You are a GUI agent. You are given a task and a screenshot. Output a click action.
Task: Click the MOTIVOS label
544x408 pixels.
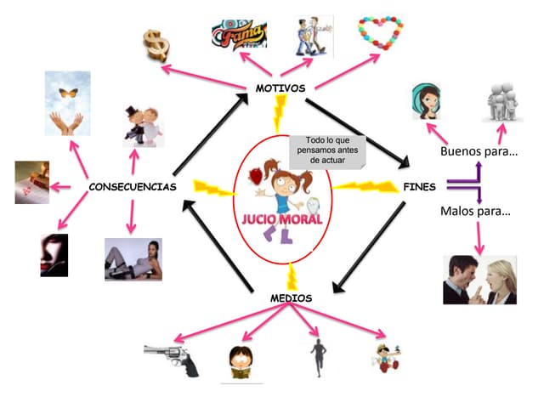(x=280, y=88)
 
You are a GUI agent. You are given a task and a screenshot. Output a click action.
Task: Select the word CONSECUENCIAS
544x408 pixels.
(x=133, y=187)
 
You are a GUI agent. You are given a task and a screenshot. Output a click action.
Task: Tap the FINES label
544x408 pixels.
(x=419, y=187)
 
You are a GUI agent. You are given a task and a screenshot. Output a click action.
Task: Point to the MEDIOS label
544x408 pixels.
(x=291, y=298)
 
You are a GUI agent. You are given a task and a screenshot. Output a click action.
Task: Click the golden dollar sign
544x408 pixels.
(x=156, y=45)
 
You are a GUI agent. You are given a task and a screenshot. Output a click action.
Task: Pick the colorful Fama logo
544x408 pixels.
(x=240, y=34)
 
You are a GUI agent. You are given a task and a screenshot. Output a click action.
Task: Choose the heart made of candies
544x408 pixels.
(x=381, y=32)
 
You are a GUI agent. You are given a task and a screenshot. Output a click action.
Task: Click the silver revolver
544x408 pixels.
(x=172, y=360)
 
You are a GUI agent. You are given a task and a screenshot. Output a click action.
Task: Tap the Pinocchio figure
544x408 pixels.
(x=387, y=359)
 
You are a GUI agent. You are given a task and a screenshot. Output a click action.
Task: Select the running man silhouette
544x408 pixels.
(x=318, y=358)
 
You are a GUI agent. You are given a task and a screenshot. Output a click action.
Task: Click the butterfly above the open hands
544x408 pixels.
(x=68, y=93)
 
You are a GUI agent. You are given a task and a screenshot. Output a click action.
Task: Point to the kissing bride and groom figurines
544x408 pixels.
(x=143, y=126)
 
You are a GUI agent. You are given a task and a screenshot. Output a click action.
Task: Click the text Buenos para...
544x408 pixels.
(x=479, y=151)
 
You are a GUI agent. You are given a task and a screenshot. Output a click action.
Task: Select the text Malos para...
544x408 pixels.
(x=475, y=211)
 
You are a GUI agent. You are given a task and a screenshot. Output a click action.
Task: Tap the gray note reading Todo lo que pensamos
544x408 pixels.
(x=327, y=150)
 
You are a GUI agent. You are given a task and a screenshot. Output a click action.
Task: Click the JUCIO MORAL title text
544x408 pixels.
(x=282, y=219)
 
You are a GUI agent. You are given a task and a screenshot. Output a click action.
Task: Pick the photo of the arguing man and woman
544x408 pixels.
(x=479, y=280)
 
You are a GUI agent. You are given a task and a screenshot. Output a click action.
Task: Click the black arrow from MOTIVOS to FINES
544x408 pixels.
(x=357, y=133)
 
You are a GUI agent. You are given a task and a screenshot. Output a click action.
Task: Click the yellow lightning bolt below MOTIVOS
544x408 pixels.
(x=280, y=113)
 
